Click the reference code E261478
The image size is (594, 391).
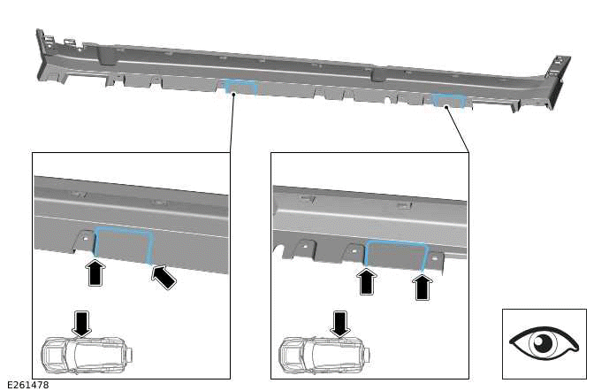[x=27, y=385]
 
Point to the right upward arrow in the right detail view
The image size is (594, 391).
[x=423, y=286]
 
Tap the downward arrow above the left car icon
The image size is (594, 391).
[x=81, y=322]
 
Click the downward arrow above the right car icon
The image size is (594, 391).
[x=339, y=322]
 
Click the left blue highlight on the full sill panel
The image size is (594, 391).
[x=240, y=87]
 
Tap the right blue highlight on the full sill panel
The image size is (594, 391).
[x=448, y=100]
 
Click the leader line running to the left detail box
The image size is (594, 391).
[x=232, y=124]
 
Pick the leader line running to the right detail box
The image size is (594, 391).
[x=458, y=129]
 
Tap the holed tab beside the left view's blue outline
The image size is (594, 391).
[x=82, y=240]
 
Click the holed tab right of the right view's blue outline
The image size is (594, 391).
[x=436, y=259]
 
